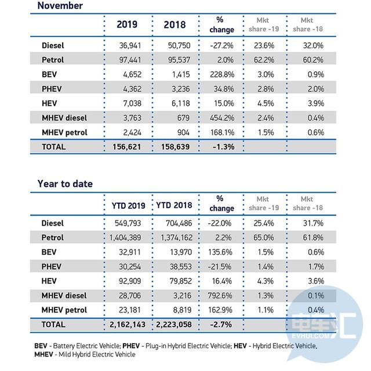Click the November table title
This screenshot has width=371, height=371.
(x=60, y=6)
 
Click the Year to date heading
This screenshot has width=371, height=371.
(x=65, y=184)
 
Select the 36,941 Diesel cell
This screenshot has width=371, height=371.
(x=130, y=45)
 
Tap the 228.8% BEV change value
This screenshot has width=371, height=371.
(x=222, y=75)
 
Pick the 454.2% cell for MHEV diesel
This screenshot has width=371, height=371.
(x=222, y=118)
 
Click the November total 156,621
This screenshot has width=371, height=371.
(x=127, y=147)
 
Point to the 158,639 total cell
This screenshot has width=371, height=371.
(x=175, y=147)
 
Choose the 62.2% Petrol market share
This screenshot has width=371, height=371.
(x=264, y=60)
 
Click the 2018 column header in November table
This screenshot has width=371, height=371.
(x=174, y=25)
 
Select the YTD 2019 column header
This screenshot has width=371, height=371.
(x=129, y=205)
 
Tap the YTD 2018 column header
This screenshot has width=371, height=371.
(x=174, y=205)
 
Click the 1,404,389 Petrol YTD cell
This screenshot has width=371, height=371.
(x=125, y=237)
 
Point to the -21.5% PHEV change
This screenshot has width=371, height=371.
(x=219, y=267)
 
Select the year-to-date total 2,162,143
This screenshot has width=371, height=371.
(x=128, y=325)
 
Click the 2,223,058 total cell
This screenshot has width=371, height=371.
(x=174, y=325)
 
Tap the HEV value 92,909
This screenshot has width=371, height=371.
(x=130, y=281)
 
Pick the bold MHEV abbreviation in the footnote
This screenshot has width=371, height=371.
(x=43, y=354)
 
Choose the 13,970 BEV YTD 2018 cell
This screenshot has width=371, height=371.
(x=181, y=252)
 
